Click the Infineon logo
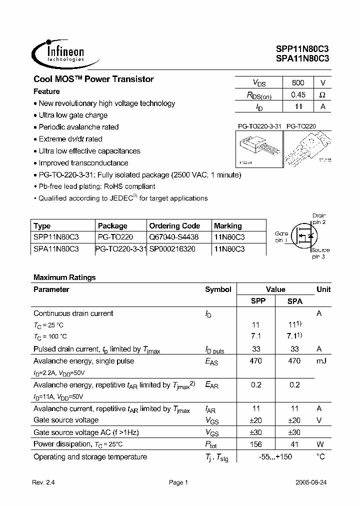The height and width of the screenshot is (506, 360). (58, 52)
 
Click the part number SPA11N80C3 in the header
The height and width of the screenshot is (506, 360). (302, 58)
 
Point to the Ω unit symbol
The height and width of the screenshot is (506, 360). (322, 94)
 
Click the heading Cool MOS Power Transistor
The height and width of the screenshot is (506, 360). (93, 79)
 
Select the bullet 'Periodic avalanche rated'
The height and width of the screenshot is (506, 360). (78, 127)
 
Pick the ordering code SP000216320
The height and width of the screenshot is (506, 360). (172, 248)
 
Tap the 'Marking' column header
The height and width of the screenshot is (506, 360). (227, 226)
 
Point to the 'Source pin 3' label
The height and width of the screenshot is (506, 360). (320, 253)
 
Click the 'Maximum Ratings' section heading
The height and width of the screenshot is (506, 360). (64, 277)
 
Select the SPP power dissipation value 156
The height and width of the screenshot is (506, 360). (255, 444)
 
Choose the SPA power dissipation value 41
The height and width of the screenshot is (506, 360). (294, 444)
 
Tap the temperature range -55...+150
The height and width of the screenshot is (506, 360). (275, 456)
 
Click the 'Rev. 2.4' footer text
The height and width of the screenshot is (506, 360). (43, 483)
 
